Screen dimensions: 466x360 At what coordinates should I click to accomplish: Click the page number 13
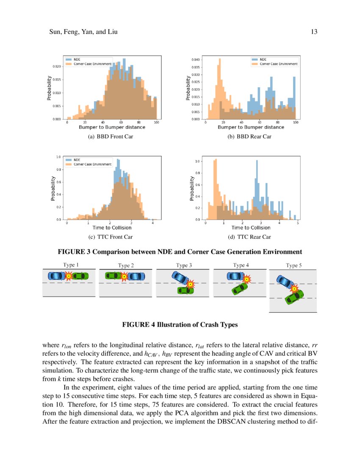pos(314,32)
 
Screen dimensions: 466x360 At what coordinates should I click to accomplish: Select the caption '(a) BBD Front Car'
pos(111,136)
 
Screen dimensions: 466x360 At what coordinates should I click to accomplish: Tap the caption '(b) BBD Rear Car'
pos(249,136)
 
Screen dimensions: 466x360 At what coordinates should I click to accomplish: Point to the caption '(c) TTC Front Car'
pos(111,237)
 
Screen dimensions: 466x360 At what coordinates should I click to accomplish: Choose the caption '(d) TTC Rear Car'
pos(249,237)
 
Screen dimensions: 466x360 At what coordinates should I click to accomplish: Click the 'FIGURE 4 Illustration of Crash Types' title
pos(180,325)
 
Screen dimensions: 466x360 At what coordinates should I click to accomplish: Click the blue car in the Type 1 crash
pos(57,276)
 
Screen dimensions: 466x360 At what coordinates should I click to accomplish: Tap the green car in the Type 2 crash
pos(113,276)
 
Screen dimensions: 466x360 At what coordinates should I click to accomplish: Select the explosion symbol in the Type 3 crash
pos(191,283)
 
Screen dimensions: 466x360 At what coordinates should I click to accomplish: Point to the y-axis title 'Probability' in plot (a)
pos(50,88)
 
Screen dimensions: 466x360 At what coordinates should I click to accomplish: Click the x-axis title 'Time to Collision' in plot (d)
pos(251,228)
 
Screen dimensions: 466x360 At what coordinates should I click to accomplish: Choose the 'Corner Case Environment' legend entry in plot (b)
pos(278,64)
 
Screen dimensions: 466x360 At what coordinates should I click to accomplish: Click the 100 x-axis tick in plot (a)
pos(157,122)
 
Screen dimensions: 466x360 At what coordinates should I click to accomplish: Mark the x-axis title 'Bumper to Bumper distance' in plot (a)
pos(112,127)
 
